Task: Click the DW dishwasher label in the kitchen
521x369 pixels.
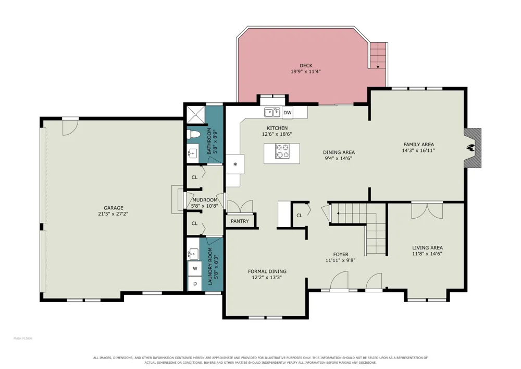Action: click(x=288, y=113)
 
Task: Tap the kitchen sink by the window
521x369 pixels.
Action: click(x=272, y=112)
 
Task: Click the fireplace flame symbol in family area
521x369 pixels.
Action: click(x=470, y=147)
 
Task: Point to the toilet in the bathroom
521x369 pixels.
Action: click(x=193, y=135)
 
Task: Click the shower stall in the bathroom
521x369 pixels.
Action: click(x=196, y=114)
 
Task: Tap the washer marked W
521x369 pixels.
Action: click(x=195, y=268)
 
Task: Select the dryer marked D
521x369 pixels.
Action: click(x=195, y=284)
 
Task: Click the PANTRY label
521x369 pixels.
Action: click(x=240, y=221)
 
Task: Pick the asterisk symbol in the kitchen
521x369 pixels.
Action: click(x=235, y=164)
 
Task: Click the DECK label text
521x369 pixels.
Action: click(x=306, y=66)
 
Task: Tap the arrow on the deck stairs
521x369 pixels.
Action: click(x=378, y=67)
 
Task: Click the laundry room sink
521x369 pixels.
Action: click(x=192, y=254)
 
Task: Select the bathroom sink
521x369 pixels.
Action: click(x=192, y=153)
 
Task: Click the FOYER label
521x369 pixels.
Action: click(x=341, y=254)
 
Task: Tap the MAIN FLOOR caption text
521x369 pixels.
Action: click(x=23, y=338)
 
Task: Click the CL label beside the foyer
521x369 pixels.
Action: click(x=300, y=215)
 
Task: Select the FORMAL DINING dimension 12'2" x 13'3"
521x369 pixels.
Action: click(x=267, y=277)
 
